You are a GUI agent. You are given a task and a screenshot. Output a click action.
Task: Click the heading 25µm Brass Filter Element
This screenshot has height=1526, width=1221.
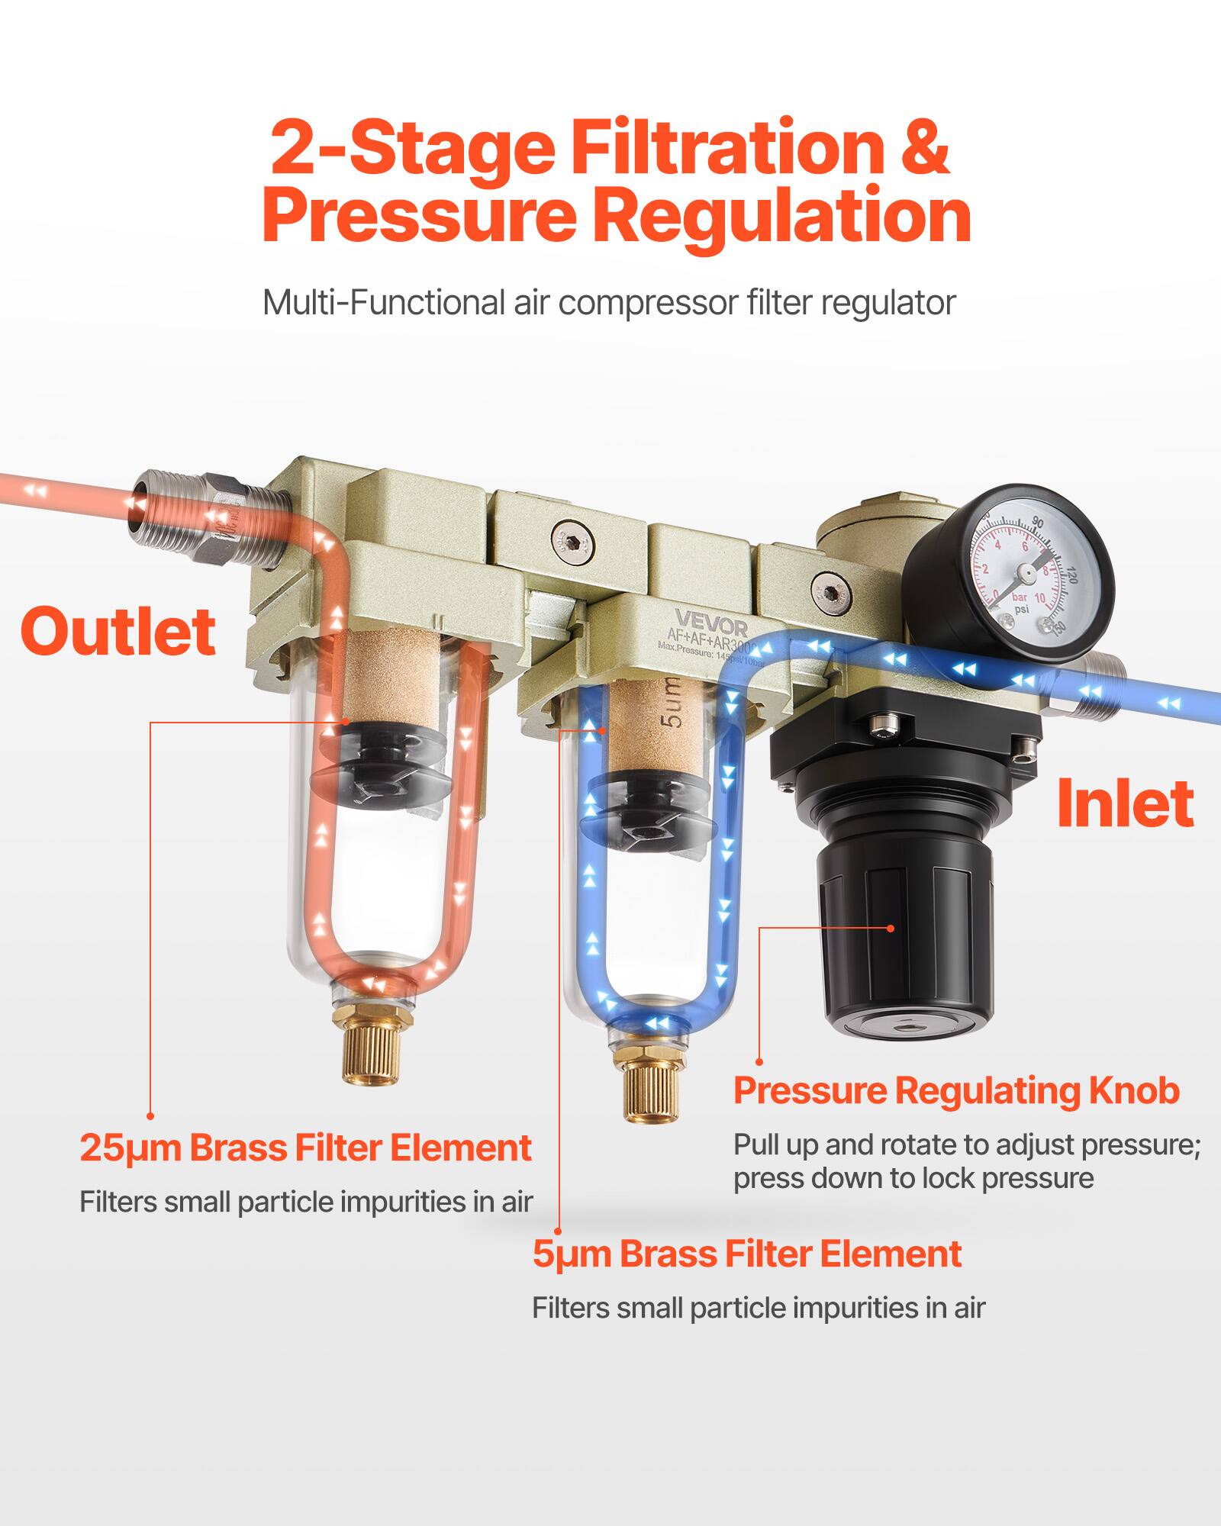coord(305,1148)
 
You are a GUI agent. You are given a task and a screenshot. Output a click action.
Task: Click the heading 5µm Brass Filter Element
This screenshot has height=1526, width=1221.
coord(746,1254)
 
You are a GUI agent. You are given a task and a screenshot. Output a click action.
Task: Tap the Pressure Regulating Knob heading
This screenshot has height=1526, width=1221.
coord(955,1090)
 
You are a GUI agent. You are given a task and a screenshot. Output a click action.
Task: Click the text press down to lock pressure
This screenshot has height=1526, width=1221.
coord(913,1177)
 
